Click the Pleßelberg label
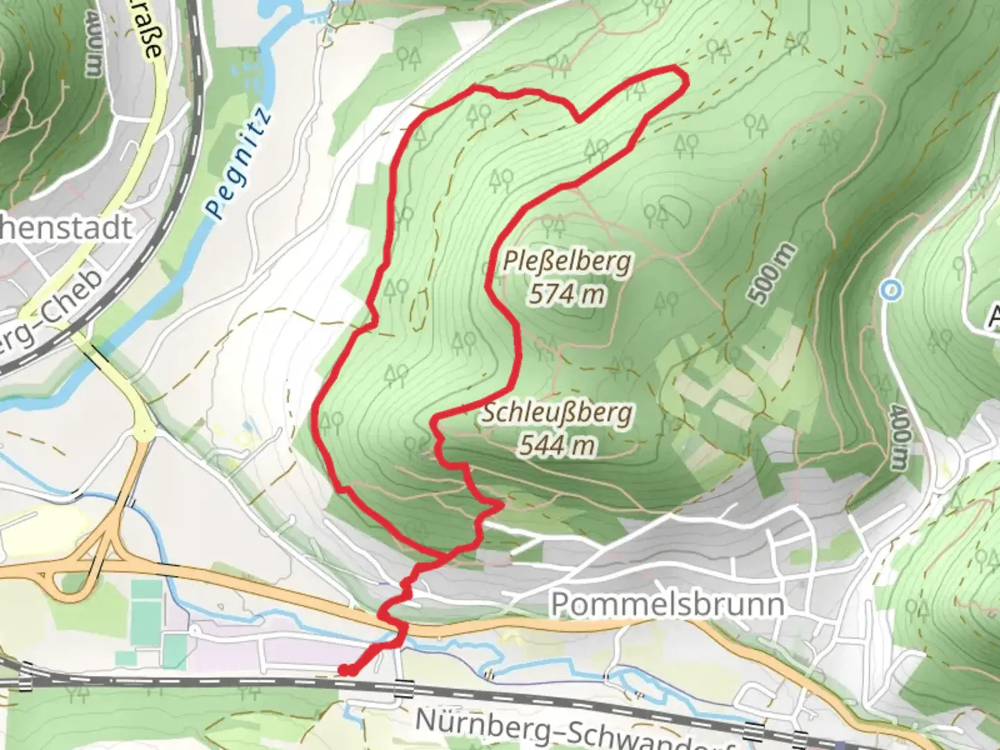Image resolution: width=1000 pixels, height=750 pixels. pyautogui.click(x=567, y=262)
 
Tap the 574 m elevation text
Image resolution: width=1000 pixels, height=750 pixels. pyautogui.click(x=567, y=294)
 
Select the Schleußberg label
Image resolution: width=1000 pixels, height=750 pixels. pyautogui.click(x=558, y=412)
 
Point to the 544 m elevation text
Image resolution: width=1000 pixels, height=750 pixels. pyautogui.click(x=558, y=444)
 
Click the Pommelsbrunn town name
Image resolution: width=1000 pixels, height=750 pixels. pyautogui.click(x=667, y=604)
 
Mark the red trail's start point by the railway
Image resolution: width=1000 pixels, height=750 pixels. pyautogui.click(x=343, y=670)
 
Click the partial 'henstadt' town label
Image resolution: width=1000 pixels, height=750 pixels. pyautogui.click(x=67, y=228)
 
